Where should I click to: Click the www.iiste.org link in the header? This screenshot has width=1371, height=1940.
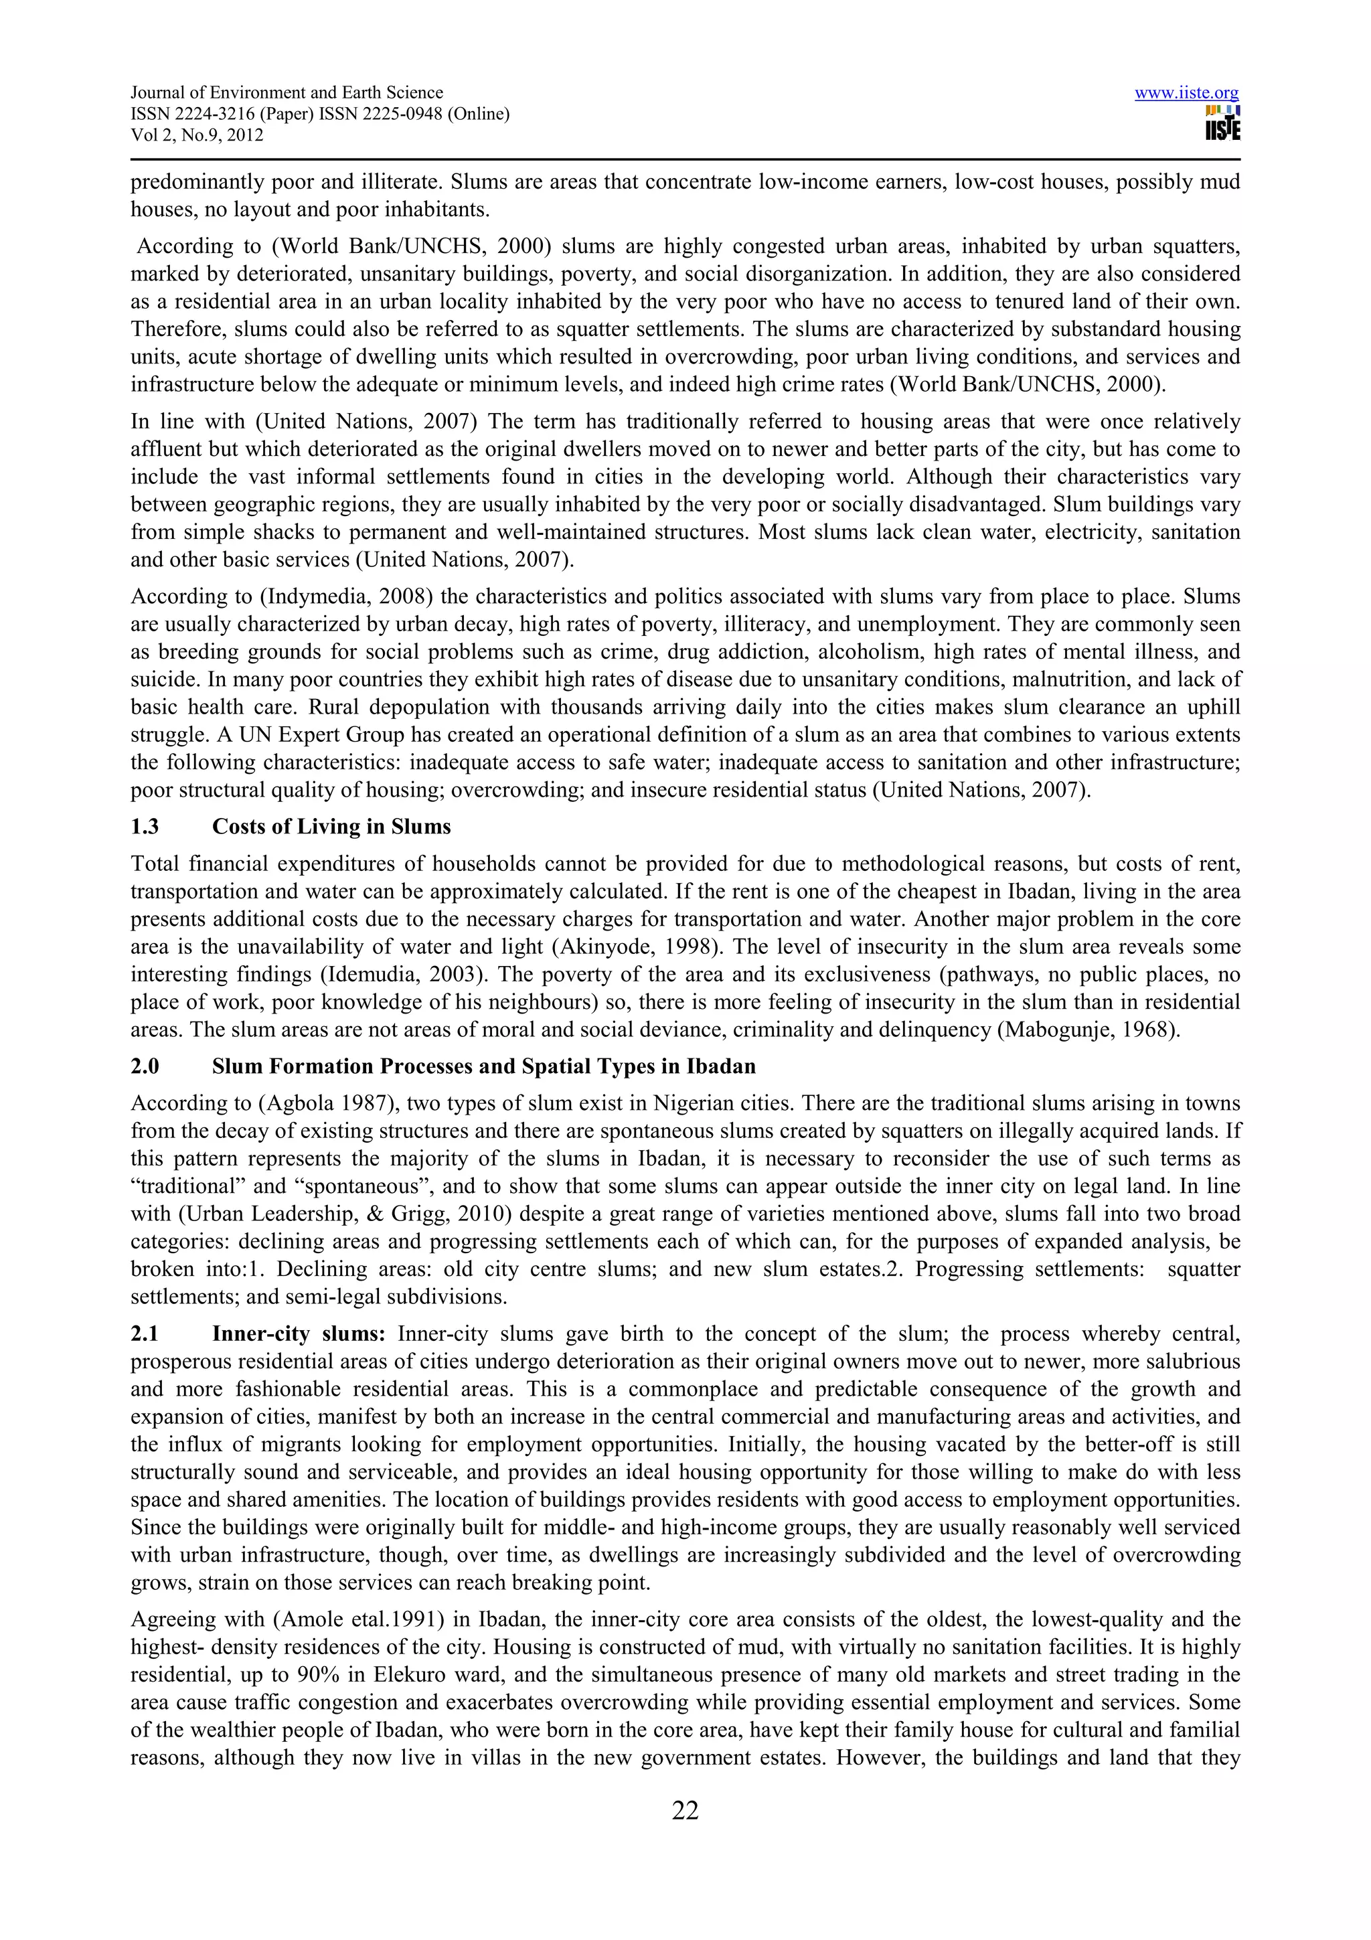click(x=1186, y=93)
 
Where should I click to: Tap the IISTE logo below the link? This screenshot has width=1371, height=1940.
click(x=1222, y=123)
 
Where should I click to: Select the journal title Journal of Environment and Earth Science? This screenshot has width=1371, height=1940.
click(x=287, y=93)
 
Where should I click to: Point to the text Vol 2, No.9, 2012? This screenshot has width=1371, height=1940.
click(x=197, y=135)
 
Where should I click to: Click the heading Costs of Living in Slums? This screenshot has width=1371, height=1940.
click(x=331, y=826)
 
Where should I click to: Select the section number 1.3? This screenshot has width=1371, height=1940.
click(x=145, y=826)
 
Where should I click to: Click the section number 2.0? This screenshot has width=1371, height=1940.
click(x=145, y=1066)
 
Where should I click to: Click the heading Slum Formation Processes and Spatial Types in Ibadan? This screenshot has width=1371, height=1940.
click(x=483, y=1066)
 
